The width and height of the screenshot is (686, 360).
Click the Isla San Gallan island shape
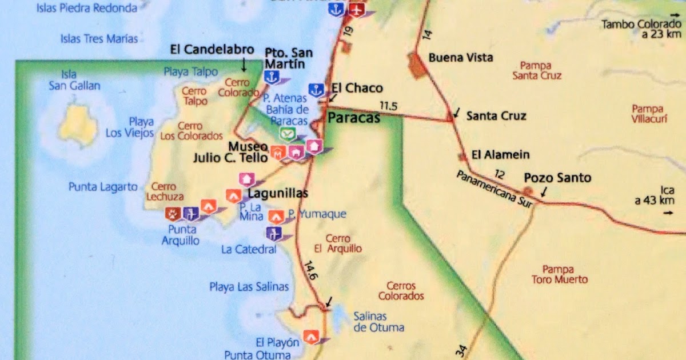point(79,125)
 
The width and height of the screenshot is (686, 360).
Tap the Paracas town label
point(353,118)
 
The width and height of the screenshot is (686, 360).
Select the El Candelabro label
point(212,50)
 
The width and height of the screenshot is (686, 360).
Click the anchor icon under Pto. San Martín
point(270,77)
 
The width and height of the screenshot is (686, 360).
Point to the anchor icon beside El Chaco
point(316,89)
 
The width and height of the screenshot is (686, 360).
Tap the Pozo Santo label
point(557,178)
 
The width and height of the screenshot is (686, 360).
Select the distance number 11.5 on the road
point(388,106)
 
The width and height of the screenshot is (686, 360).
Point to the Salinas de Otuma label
point(378,322)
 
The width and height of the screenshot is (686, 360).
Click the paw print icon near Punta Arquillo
point(173,214)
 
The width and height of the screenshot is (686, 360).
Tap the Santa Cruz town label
point(496,115)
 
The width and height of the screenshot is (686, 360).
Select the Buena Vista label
point(460,58)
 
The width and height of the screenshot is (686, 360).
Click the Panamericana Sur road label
point(494,189)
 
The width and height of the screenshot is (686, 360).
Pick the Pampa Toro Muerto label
point(559,274)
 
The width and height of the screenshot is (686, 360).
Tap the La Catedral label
point(248,249)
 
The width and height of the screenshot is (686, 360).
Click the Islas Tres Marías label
point(99,39)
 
